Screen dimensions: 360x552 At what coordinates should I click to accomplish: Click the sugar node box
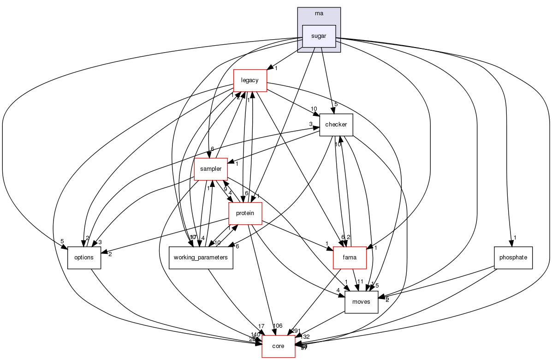(x=318, y=36)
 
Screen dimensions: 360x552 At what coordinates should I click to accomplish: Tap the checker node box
(x=336, y=125)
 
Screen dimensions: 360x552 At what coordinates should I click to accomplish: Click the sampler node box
(x=211, y=169)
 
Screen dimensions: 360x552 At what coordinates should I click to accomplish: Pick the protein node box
(x=245, y=213)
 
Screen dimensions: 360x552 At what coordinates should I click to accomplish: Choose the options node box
(x=84, y=258)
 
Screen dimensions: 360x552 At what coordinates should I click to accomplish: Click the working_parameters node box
(x=201, y=258)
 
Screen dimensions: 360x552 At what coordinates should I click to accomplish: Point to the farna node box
(x=350, y=258)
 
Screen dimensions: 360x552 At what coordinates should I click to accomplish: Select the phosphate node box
(x=513, y=258)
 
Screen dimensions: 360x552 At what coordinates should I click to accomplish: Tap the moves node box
(x=362, y=302)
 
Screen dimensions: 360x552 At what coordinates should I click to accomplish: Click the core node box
(x=278, y=346)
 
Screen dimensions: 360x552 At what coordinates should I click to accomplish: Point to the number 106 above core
(x=278, y=326)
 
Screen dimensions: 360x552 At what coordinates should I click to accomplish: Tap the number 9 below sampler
(x=225, y=189)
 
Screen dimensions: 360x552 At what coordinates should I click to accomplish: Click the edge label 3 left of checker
(x=311, y=124)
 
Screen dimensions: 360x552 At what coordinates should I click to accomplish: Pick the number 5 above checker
(x=336, y=104)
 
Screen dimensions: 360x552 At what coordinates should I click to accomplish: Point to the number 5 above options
(x=61, y=241)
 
